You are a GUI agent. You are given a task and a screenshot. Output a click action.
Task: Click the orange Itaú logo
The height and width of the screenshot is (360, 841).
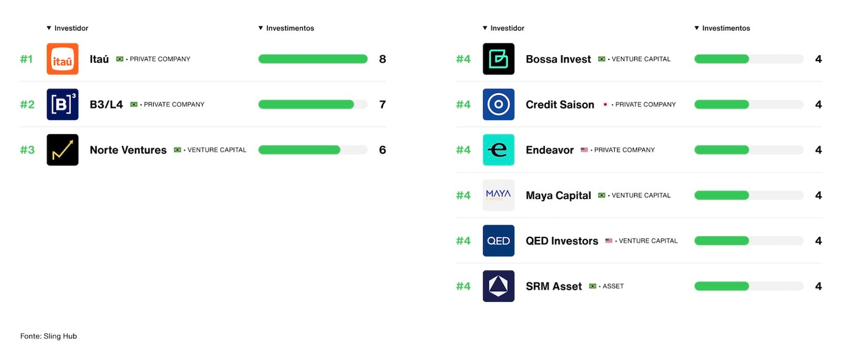(62, 59)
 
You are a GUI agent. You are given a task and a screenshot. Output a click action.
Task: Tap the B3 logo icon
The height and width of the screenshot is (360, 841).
(62, 104)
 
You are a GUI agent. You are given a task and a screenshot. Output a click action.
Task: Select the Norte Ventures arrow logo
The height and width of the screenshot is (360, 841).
(62, 150)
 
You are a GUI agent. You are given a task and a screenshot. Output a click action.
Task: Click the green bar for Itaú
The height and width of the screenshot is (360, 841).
(313, 59)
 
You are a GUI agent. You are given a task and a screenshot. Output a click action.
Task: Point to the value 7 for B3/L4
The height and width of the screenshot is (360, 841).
(382, 104)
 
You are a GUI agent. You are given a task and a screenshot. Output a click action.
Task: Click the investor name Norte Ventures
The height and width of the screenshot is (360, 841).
(128, 150)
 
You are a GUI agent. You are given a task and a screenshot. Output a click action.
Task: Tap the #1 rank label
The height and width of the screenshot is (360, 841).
(26, 59)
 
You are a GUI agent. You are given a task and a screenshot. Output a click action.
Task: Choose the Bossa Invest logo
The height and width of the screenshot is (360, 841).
(498, 59)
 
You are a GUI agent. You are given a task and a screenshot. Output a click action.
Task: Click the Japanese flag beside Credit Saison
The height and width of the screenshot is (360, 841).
(605, 104)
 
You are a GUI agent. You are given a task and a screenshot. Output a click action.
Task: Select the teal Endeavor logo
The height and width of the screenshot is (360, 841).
(498, 150)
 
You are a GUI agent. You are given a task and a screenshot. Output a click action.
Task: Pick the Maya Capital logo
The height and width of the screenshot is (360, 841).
(498, 195)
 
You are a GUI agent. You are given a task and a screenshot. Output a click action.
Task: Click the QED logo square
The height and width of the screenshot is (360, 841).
(498, 241)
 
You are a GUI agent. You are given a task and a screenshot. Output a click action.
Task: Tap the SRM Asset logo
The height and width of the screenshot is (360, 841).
(498, 286)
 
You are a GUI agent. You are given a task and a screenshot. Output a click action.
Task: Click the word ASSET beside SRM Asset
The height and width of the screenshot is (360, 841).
(613, 286)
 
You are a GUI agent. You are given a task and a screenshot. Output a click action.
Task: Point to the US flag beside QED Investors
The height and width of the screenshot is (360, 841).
(608, 241)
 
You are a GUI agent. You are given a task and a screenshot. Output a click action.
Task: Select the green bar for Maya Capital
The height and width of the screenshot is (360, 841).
(722, 195)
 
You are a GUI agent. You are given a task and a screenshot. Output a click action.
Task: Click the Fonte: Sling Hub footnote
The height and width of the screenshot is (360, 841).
(48, 336)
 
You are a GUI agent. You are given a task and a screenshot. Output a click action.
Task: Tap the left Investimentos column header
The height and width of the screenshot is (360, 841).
(290, 28)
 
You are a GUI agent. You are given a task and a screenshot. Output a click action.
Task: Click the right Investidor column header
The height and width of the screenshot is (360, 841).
(507, 28)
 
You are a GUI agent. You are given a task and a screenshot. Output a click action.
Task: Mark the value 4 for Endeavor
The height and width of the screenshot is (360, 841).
(818, 150)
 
